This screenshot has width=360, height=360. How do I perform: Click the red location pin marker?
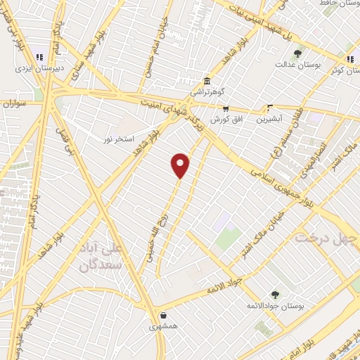(181, 165)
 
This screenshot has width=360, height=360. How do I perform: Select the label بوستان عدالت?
(298, 65)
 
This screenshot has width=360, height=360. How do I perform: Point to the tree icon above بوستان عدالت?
(298, 53)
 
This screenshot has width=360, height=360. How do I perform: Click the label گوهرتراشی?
(207, 92)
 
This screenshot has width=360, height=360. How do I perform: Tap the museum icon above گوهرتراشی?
(207, 80)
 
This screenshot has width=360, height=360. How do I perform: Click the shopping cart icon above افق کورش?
(225, 109)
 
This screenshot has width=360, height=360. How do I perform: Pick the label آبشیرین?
(269, 120)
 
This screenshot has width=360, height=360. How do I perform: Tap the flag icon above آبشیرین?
(269, 108)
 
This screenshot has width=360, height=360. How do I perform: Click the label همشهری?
(164, 327)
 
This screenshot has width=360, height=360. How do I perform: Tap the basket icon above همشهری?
(164, 315)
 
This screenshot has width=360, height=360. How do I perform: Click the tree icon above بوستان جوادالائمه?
(275, 295)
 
